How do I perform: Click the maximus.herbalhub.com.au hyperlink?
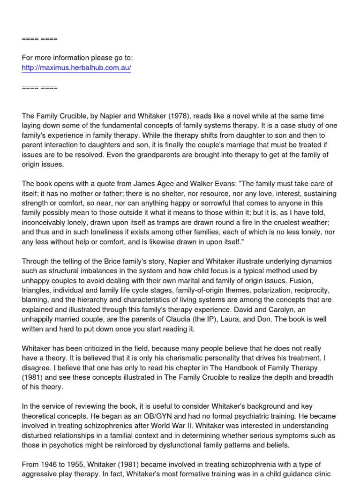click(x=76, y=68)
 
